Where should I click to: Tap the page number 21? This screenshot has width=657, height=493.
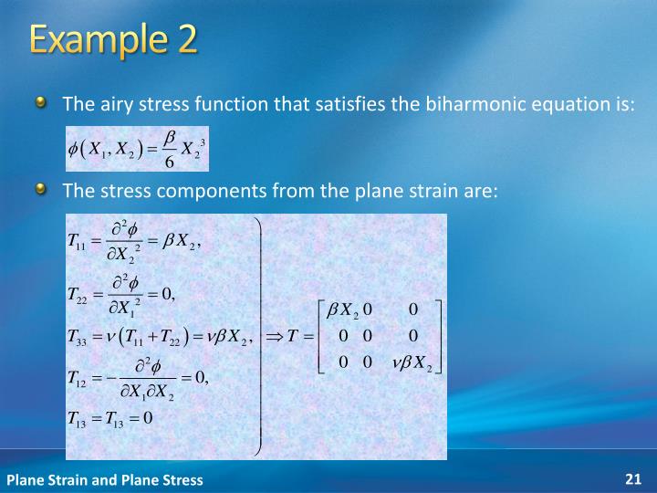pos(633,478)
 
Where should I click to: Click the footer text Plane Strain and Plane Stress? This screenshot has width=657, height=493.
pos(105,479)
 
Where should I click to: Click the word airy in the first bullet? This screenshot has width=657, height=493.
pos(109,103)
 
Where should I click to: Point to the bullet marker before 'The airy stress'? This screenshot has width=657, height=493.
pos(43,102)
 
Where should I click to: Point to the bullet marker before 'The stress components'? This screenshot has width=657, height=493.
pos(43,190)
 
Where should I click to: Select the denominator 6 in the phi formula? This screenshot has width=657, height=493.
pos(169,161)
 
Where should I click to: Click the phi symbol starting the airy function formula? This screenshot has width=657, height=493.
pos(72,149)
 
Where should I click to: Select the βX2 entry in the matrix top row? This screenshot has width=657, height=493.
pos(344,309)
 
